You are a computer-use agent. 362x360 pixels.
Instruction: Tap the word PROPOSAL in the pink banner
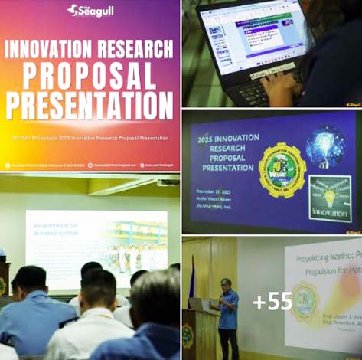pos(90,75)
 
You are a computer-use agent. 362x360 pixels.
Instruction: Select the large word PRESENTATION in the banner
pos(90,104)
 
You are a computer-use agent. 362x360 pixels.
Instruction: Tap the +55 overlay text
pos(272,301)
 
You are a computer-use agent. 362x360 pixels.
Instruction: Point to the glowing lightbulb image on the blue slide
pos(325,147)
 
